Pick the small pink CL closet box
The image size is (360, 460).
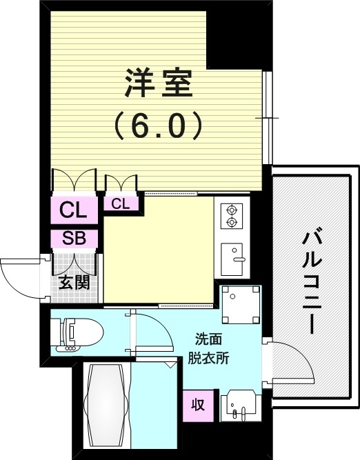120,203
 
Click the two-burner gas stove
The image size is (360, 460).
230,215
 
